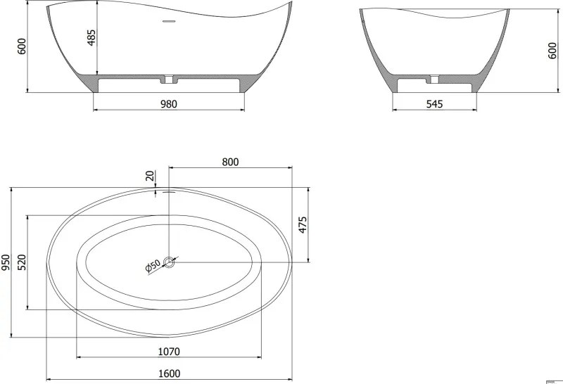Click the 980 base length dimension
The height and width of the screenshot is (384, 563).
pos(169,104)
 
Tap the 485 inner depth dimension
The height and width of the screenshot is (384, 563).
pos(92,37)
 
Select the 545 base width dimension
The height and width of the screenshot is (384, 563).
pos(434,104)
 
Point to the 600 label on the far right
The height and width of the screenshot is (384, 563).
pos(553,50)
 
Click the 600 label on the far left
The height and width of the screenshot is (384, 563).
pos(22,46)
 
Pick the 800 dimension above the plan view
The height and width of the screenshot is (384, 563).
pos(230,162)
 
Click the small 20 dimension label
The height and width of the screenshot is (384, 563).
pos(150,176)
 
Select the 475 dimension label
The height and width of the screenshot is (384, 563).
pos(303,224)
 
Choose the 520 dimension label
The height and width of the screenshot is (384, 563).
pos(22,262)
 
